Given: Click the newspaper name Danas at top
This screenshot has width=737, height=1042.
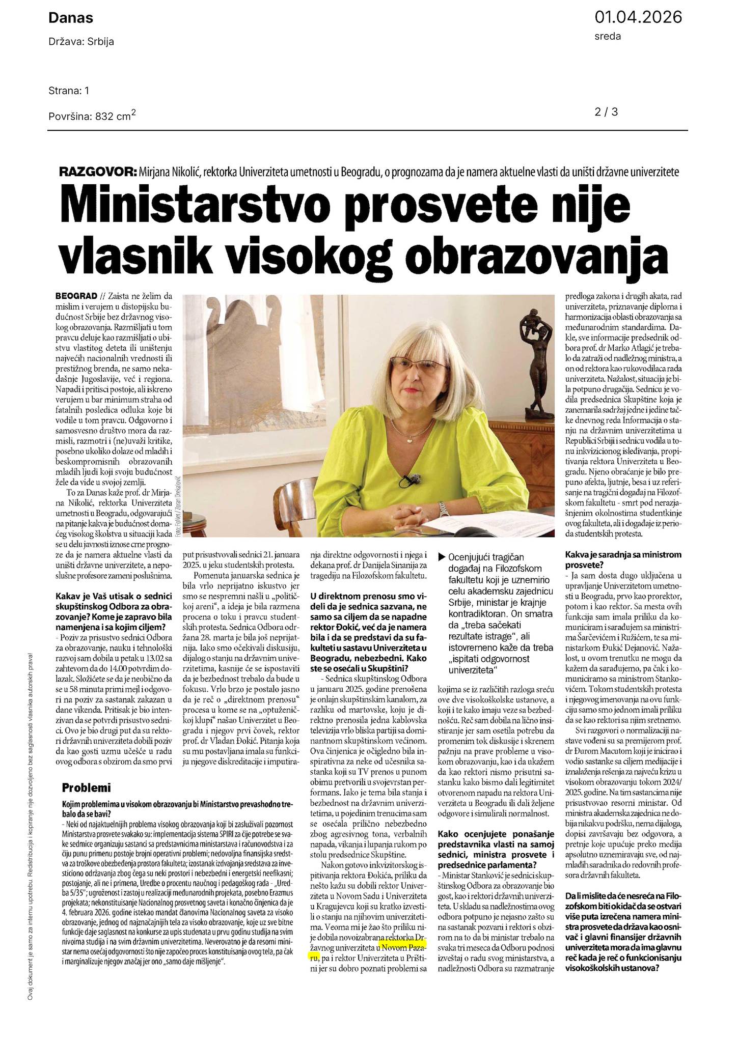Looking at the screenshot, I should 71,18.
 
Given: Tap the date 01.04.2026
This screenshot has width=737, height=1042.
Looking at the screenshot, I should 638,17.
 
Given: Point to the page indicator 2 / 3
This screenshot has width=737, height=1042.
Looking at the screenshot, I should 606,112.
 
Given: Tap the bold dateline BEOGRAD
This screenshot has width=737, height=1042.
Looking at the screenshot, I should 76,296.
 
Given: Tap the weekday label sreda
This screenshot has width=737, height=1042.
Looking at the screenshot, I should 608,36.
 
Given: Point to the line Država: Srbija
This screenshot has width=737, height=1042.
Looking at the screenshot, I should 81,42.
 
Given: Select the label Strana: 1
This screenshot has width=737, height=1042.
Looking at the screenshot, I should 69,91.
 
